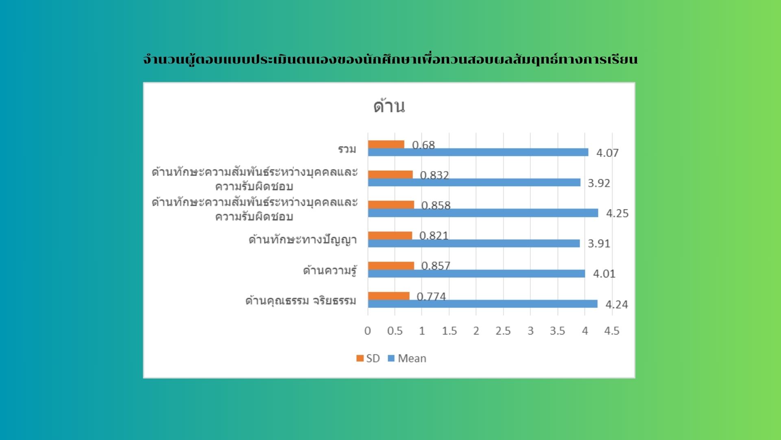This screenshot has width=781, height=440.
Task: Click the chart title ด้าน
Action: [389, 106]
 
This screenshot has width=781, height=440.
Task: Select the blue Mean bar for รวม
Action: [478, 152]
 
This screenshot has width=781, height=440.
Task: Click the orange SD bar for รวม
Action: [386, 145]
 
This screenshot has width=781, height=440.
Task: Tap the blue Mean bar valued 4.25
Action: [483, 213]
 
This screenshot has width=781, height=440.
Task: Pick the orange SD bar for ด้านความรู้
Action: [391, 266]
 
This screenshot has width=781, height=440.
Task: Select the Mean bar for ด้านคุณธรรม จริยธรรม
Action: [483, 304]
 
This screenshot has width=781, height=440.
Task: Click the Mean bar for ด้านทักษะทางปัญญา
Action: [474, 243]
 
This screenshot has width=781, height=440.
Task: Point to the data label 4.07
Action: [607, 153]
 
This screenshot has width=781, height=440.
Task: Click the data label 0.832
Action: [434, 175]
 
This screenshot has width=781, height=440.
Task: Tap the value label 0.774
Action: [431, 297]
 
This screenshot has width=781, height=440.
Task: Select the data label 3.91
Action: [599, 244]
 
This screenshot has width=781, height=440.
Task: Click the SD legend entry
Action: [368, 359]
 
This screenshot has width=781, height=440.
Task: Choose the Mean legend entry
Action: [407, 359]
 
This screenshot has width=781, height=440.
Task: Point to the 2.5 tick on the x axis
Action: [503, 331]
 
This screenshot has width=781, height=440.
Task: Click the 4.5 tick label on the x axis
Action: [612, 331]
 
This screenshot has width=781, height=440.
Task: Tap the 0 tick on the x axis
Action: [368, 331]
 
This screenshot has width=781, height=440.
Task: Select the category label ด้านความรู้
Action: [330, 270]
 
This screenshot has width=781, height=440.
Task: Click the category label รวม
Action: [347, 149]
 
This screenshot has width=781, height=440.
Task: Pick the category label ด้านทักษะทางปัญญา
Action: [303, 240]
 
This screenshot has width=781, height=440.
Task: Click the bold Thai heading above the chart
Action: [390, 59]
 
